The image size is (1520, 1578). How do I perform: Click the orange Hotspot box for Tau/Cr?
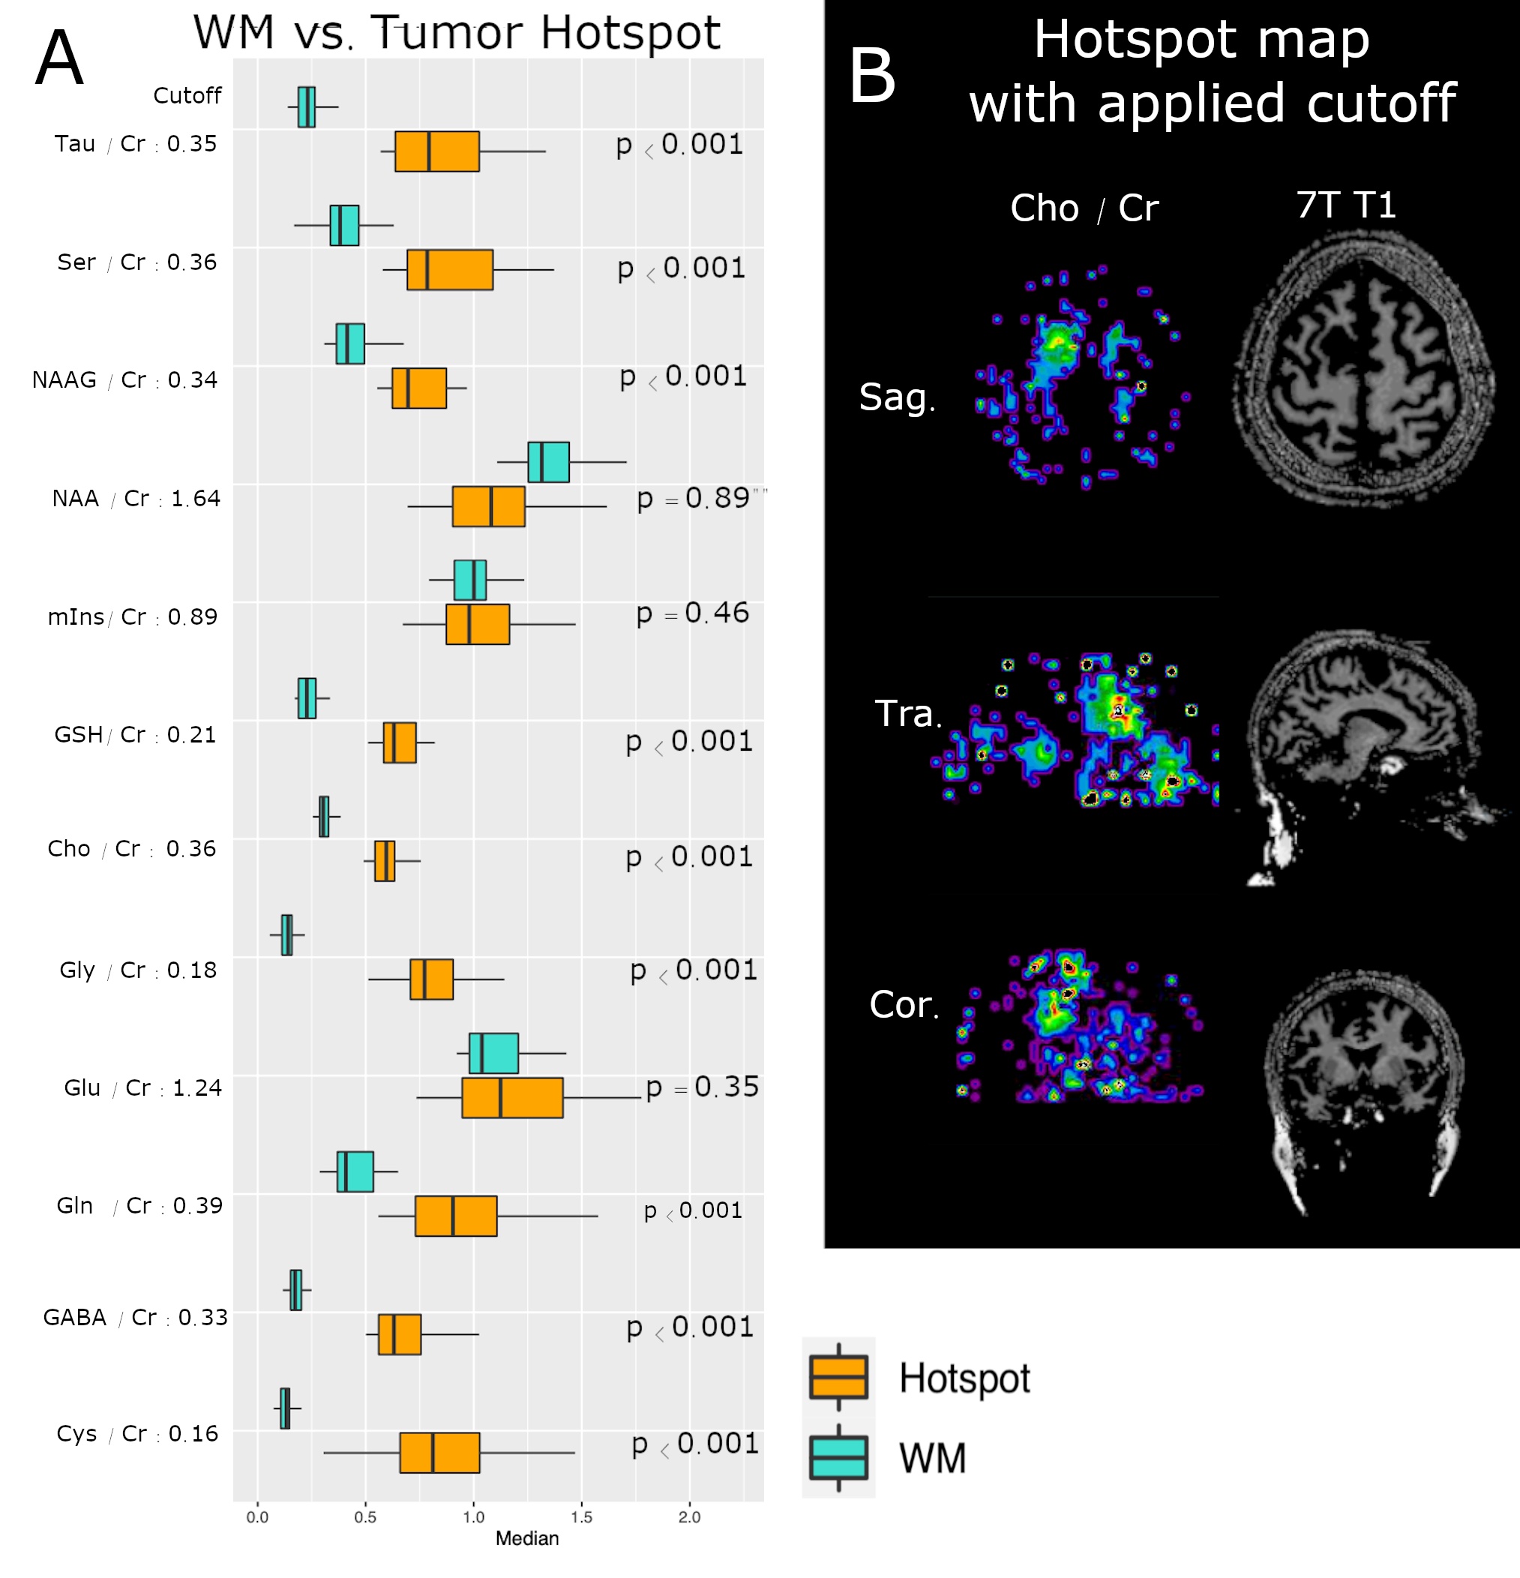(x=437, y=151)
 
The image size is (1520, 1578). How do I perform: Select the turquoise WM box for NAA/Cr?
(x=548, y=462)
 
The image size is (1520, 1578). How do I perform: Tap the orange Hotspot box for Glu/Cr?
(x=512, y=1097)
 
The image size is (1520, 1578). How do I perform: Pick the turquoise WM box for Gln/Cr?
(x=355, y=1171)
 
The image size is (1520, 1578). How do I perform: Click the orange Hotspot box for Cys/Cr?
(x=439, y=1453)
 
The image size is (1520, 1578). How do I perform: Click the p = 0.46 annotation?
(x=692, y=613)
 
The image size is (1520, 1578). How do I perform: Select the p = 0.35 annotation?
(x=702, y=1087)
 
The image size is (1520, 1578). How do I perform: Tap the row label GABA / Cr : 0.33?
(x=135, y=1317)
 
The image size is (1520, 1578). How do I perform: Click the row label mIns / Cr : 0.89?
(x=133, y=616)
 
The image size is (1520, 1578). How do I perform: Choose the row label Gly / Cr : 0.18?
(x=138, y=970)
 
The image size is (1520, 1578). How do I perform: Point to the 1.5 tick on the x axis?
(x=581, y=1516)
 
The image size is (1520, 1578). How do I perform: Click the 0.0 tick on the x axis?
(x=258, y=1516)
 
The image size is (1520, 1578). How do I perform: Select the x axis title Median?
(x=526, y=1538)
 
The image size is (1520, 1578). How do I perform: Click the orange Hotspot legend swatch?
(x=839, y=1377)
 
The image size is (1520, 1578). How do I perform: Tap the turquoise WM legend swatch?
(x=839, y=1457)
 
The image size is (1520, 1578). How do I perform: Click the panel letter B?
(x=872, y=76)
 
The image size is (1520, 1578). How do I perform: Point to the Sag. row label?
(x=897, y=397)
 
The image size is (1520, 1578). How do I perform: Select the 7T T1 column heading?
(x=1345, y=205)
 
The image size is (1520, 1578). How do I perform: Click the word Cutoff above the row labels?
(x=187, y=96)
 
